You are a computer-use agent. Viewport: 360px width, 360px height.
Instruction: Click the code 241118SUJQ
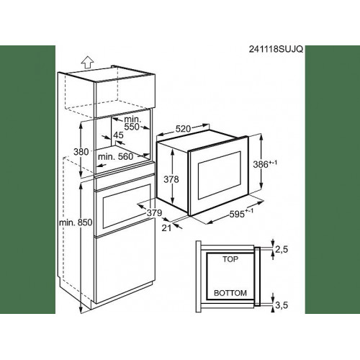[276, 49]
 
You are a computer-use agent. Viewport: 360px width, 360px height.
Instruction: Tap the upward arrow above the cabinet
[87, 63]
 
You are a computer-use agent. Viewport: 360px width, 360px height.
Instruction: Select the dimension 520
[183, 129]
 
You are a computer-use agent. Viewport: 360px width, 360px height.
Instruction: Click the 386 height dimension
[265, 164]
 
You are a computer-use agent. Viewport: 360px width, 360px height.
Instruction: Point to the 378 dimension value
[171, 179]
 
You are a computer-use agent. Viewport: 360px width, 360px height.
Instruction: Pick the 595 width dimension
[241, 213]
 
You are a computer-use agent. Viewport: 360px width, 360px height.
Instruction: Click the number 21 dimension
[166, 228]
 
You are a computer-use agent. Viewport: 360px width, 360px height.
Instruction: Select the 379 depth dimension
[154, 213]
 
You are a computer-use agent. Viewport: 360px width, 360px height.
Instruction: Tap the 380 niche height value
[81, 152]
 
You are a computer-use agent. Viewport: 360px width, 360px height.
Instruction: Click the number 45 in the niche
[118, 135]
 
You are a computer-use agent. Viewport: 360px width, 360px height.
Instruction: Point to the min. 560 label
[115, 157]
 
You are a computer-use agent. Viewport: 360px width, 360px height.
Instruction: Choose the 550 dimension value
[132, 127]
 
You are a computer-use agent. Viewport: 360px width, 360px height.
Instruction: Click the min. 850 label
[76, 222]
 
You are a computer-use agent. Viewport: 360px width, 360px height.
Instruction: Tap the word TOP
[230, 259]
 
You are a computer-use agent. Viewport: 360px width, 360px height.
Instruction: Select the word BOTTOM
[230, 293]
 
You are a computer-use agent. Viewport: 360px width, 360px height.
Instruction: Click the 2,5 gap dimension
[282, 250]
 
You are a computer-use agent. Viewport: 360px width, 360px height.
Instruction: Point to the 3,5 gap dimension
[282, 305]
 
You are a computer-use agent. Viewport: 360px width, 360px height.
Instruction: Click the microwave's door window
[219, 175]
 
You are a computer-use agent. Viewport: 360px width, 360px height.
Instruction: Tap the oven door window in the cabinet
[127, 207]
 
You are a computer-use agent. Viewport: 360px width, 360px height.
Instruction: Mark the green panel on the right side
[333, 179]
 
